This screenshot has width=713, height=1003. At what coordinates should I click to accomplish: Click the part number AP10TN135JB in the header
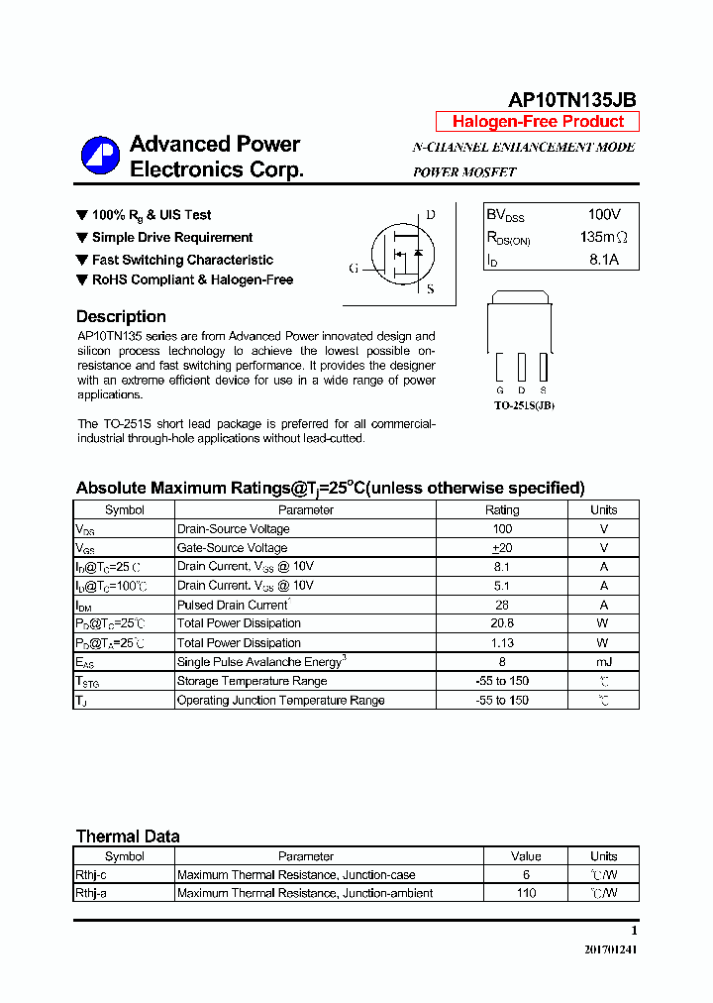(x=571, y=99)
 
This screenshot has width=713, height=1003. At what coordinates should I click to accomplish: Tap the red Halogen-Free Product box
(x=538, y=122)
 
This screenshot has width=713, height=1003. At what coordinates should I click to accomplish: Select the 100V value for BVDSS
(x=604, y=215)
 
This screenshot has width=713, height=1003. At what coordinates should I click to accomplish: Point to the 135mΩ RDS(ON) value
(x=604, y=238)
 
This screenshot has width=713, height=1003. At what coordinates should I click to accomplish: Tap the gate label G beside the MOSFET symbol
(x=354, y=269)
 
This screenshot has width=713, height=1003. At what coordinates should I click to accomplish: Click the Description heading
(x=121, y=317)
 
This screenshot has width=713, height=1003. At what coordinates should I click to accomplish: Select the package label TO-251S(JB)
(x=524, y=405)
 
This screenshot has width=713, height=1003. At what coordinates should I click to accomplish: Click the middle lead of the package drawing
(x=522, y=368)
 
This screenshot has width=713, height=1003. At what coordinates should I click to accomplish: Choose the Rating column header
(x=501, y=510)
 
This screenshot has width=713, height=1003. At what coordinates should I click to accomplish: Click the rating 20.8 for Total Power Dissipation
(x=501, y=623)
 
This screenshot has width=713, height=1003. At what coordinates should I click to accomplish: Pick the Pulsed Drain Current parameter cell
(x=233, y=605)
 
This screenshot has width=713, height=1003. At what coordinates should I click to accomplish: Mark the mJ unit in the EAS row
(x=603, y=662)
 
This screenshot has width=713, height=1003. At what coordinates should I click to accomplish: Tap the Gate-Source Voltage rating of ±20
(x=501, y=548)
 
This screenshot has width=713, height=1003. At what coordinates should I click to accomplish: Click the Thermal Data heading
(x=128, y=836)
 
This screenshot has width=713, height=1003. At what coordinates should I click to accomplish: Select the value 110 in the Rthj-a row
(x=526, y=894)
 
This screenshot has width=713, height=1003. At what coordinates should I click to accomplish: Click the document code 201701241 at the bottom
(x=610, y=949)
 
